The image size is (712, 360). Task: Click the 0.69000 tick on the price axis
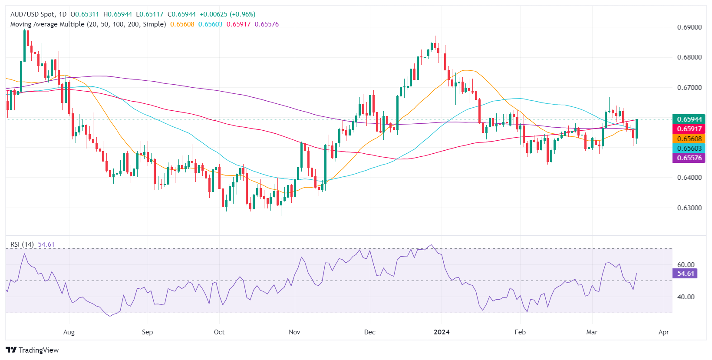click(689, 27)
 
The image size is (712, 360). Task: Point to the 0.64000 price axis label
click(689, 178)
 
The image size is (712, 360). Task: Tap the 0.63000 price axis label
click(689, 208)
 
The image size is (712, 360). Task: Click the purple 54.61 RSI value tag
click(685, 274)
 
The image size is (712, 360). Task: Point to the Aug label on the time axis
click(69, 332)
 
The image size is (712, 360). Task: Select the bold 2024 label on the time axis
click(442, 332)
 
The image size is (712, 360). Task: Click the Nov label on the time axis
click(294, 332)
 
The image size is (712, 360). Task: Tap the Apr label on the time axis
click(663, 332)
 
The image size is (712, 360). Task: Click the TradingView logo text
click(33, 350)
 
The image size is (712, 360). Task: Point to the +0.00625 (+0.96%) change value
click(227, 14)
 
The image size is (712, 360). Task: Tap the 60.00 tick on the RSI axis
click(686, 265)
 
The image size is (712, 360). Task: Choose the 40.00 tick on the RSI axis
click(686, 297)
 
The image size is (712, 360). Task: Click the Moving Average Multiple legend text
click(88, 24)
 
